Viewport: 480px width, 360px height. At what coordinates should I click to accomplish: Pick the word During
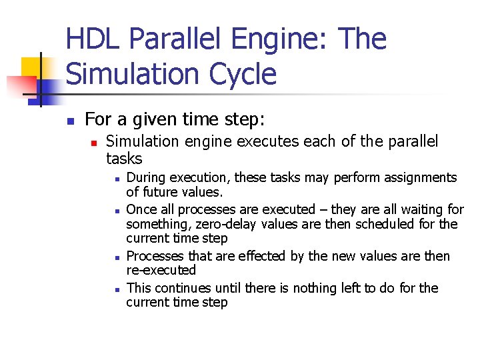pyautogui.click(x=146, y=177)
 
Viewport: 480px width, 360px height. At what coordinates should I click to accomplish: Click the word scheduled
pyautogui.click(x=386, y=224)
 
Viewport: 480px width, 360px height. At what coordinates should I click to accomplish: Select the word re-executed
pyautogui.click(x=161, y=271)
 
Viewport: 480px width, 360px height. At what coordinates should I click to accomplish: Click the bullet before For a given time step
pyautogui.click(x=70, y=121)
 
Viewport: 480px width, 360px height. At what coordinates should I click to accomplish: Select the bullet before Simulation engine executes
pyautogui.click(x=95, y=143)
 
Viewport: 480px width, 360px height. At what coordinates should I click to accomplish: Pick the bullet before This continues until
pyautogui.click(x=116, y=289)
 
